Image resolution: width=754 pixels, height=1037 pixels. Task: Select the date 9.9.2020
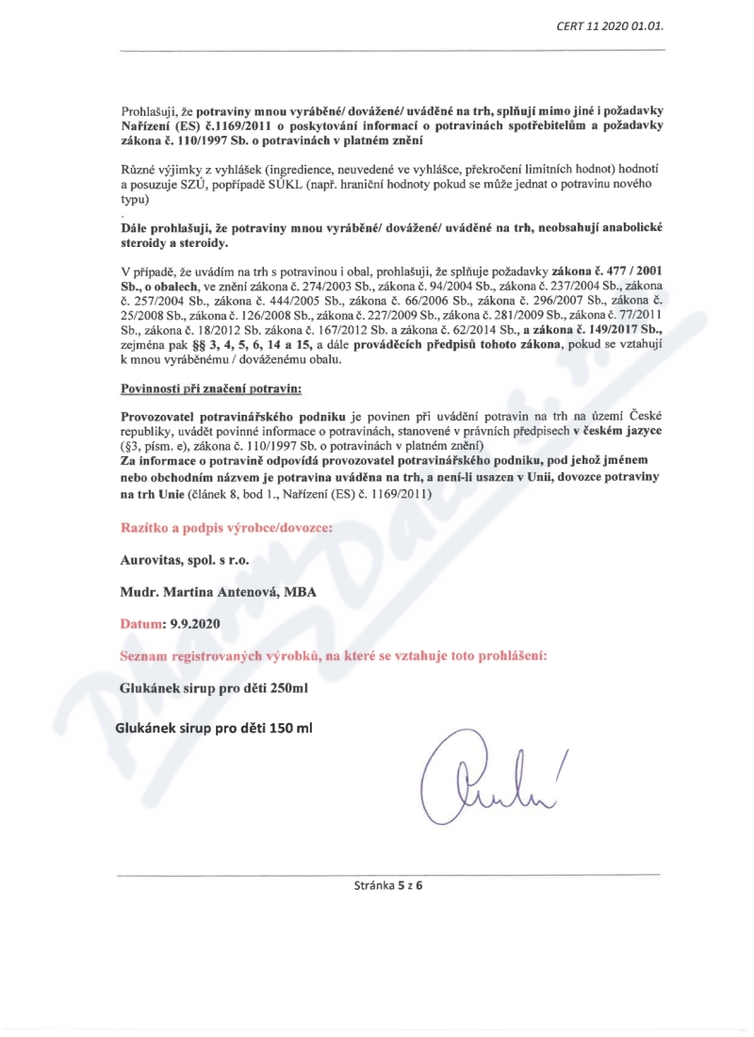pos(195,623)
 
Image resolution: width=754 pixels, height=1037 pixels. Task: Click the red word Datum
pos(140,623)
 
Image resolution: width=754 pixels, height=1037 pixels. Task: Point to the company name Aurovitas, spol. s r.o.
pos(185,559)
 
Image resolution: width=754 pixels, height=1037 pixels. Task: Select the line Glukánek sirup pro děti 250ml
pos(215,688)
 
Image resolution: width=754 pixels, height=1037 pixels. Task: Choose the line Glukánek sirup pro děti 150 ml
pos(213,728)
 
